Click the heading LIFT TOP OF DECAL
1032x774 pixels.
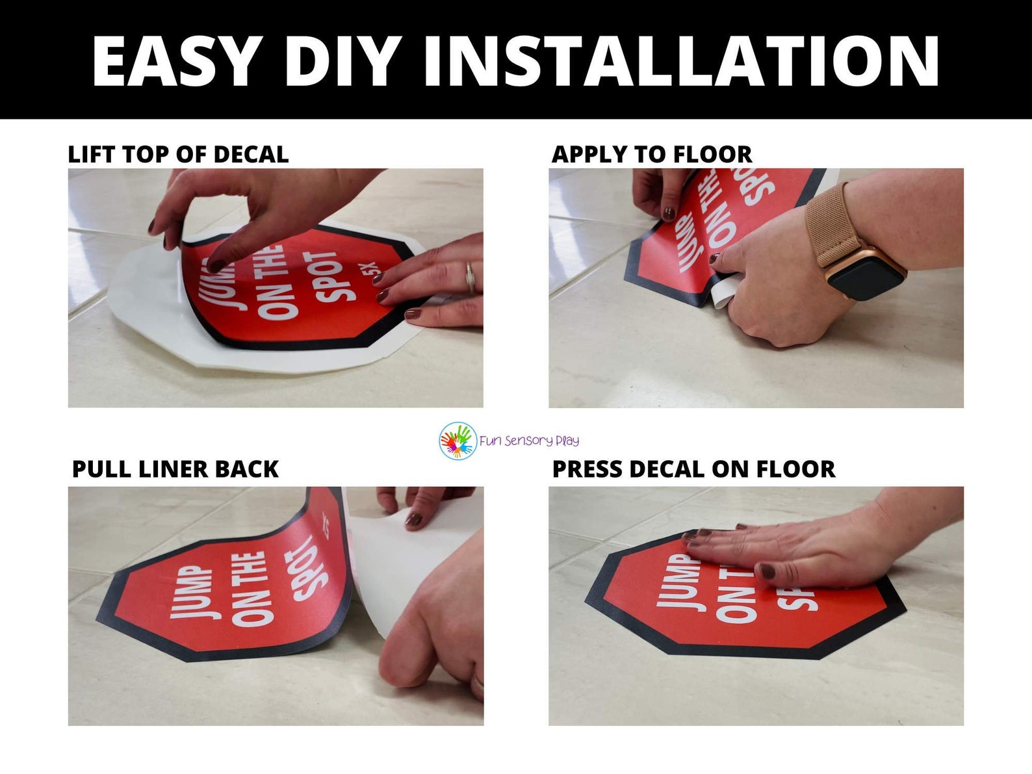[x=178, y=155]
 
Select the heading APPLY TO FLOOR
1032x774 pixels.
[x=651, y=155]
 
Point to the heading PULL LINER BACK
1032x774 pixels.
[x=175, y=469]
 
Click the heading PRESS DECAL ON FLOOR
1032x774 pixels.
[x=693, y=469]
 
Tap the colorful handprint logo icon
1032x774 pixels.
[x=458, y=441]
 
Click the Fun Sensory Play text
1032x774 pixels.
[x=529, y=441]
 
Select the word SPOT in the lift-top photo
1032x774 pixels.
[x=338, y=276]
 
